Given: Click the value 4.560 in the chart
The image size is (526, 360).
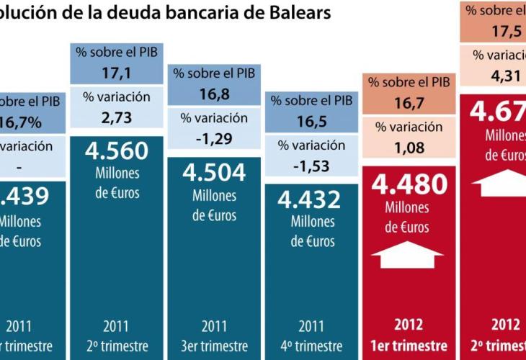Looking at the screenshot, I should [117, 151].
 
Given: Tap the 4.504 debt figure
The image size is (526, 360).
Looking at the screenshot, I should [214, 173].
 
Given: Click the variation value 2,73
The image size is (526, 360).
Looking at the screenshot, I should [116, 117].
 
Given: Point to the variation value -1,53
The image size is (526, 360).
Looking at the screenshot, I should [311, 164].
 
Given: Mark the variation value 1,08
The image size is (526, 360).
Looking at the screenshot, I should [409, 149].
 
